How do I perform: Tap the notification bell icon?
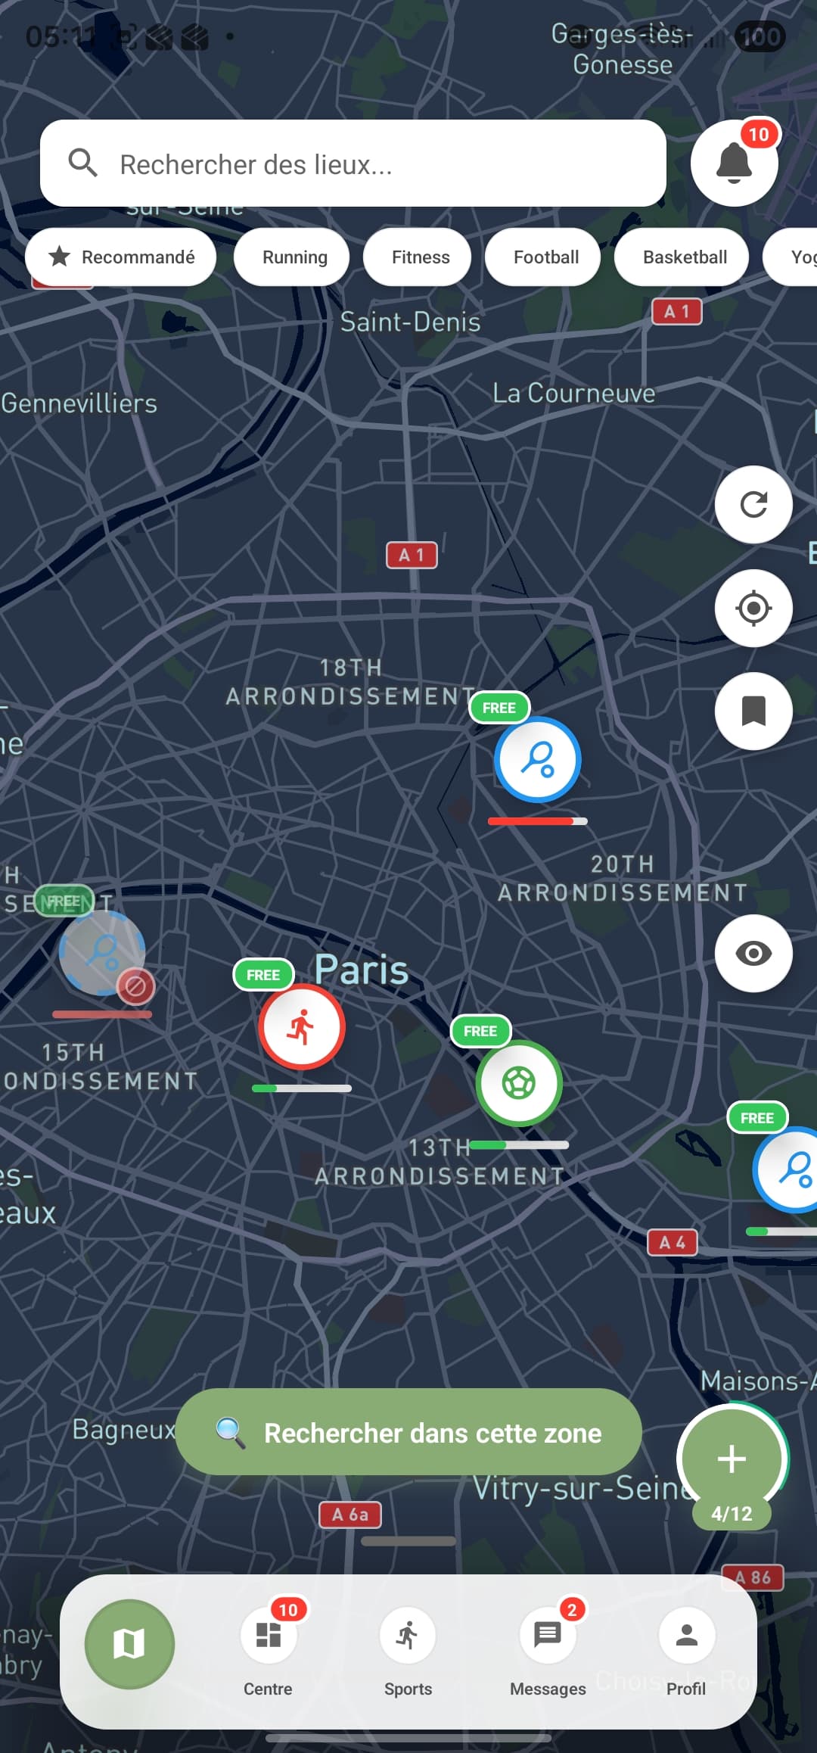coord(734,163)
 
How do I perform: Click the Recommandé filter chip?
coord(121,257)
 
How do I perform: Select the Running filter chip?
coord(294,257)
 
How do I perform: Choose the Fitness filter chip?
coord(420,257)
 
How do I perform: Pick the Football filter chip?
coord(545,257)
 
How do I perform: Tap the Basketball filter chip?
coord(685,257)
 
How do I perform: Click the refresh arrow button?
coord(753,504)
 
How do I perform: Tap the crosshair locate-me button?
coord(753,608)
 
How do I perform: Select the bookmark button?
coord(753,711)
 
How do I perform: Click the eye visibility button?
coord(753,953)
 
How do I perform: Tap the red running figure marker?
coord(302,1027)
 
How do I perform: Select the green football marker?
coord(519,1083)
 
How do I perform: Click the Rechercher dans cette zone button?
coord(408,1432)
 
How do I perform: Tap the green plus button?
coord(732,1459)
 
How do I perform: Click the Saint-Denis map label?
coord(410,322)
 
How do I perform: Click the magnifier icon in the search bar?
coord(82,163)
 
